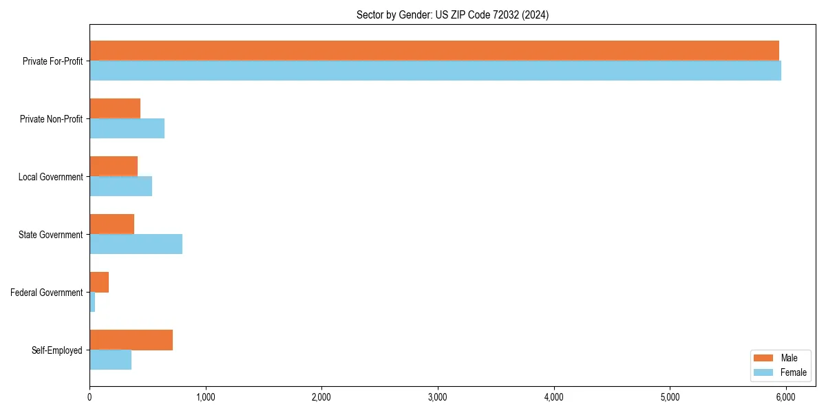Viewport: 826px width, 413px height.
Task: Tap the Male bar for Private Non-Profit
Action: [x=115, y=108]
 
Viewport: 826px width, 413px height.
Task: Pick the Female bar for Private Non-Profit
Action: [x=127, y=128]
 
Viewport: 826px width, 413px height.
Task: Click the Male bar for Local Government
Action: [x=114, y=166]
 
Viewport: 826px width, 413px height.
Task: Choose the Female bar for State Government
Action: [x=136, y=244]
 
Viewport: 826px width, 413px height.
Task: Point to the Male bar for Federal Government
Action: [x=99, y=282]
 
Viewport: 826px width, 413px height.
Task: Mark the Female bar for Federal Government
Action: [x=92, y=301]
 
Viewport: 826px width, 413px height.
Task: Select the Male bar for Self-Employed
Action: [x=131, y=340]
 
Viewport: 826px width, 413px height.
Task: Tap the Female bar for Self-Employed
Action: [x=110, y=359]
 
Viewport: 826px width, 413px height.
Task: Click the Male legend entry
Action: [x=779, y=358]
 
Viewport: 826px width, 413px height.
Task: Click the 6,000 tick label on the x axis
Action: [x=786, y=397]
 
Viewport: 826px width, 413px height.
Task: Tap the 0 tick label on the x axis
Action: [x=89, y=397]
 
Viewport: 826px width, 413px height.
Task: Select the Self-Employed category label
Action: [x=57, y=350]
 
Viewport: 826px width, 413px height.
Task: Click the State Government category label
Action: [x=51, y=235]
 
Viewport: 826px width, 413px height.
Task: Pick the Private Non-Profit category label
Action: [x=51, y=119]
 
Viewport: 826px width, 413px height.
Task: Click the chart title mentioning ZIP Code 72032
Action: [x=452, y=14]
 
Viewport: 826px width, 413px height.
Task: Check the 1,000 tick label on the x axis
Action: [x=206, y=397]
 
